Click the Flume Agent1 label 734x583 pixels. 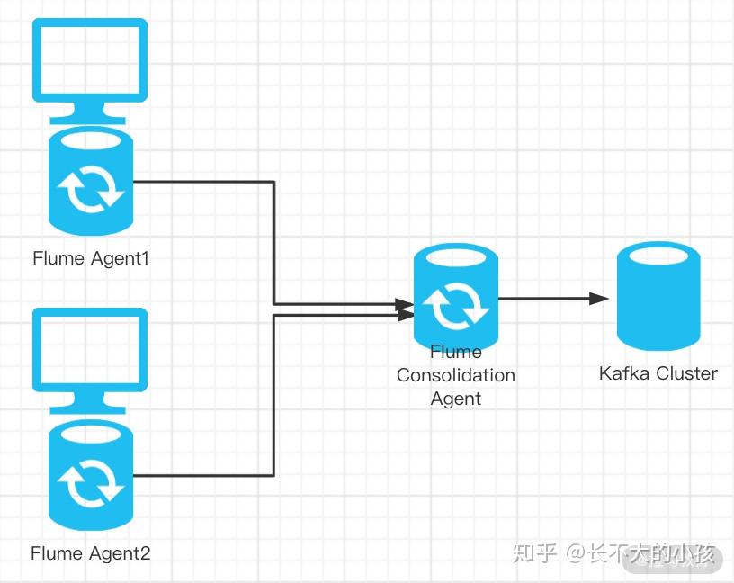[x=91, y=258]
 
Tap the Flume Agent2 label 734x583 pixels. [x=90, y=553]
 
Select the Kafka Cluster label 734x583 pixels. [x=658, y=373]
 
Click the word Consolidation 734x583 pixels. [x=456, y=375]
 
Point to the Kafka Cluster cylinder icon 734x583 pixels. [x=658, y=296]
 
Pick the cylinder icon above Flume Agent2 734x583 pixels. [x=91, y=475]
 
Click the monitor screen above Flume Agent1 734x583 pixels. [x=90, y=60]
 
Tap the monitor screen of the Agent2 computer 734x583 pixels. [x=90, y=350]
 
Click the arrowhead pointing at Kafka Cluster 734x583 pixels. [x=599, y=299]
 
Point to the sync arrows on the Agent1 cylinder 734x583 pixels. [x=91, y=189]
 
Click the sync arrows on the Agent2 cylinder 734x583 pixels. [x=91, y=484]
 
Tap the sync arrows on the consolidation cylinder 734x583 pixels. [x=456, y=307]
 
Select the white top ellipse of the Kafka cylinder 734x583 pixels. [x=658, y=256]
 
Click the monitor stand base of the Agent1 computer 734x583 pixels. [x=87, y=120]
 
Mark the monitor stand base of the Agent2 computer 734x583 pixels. [x=87, y=409]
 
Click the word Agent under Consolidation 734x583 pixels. [x=456, y=399]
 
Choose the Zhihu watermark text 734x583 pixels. [x=613, y=553]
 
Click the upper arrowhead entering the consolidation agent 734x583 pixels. [x=405, y=304]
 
